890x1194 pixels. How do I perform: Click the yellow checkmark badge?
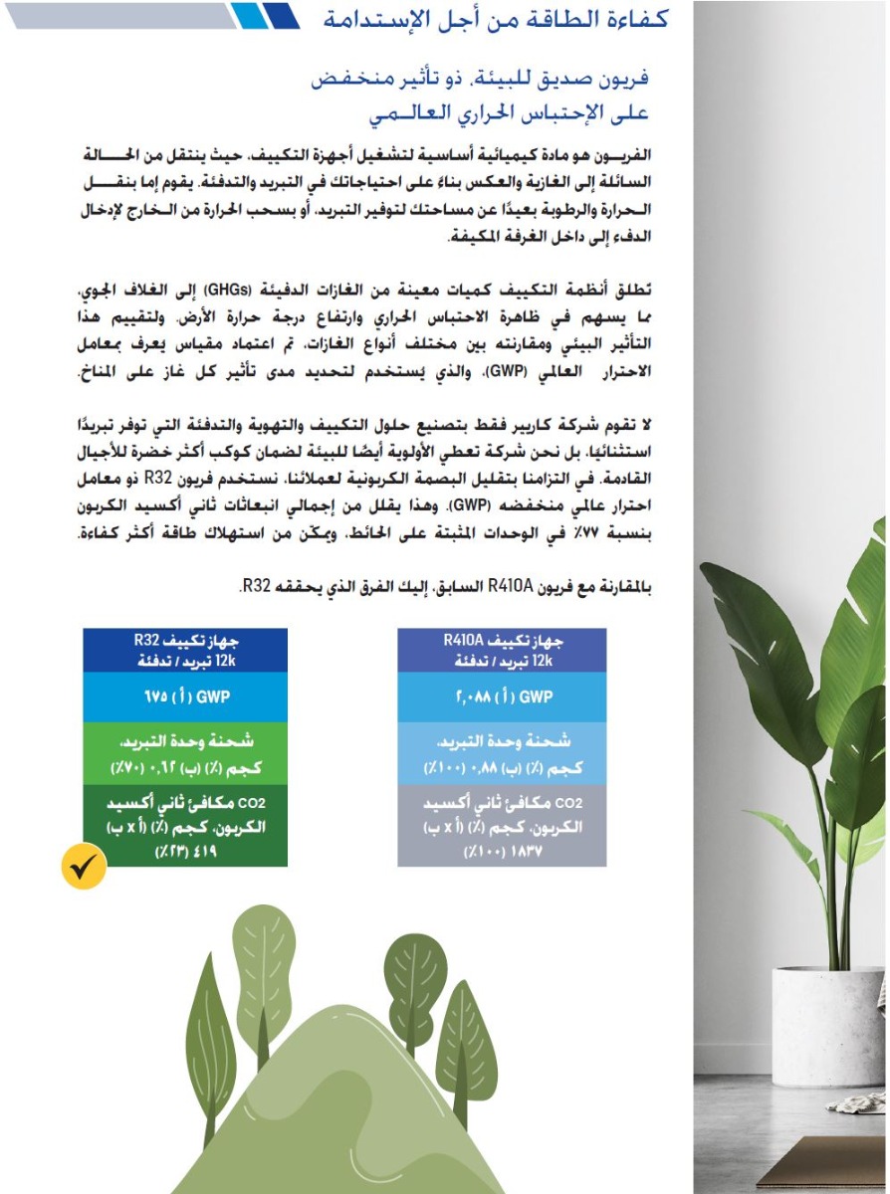coord(84,868)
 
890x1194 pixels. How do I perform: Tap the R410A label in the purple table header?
coord(463,641)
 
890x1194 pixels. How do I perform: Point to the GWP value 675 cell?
coord(184,696)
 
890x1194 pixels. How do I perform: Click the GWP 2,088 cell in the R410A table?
coord(501,696)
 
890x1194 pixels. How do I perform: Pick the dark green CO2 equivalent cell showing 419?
coord(184,827)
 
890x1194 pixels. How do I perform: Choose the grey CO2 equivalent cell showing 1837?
coord(501,827)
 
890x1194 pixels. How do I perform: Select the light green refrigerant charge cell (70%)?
coord(184,754)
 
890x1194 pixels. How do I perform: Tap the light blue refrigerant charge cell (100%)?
coord(501,754)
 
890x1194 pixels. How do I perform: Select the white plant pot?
coord(826,1025)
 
